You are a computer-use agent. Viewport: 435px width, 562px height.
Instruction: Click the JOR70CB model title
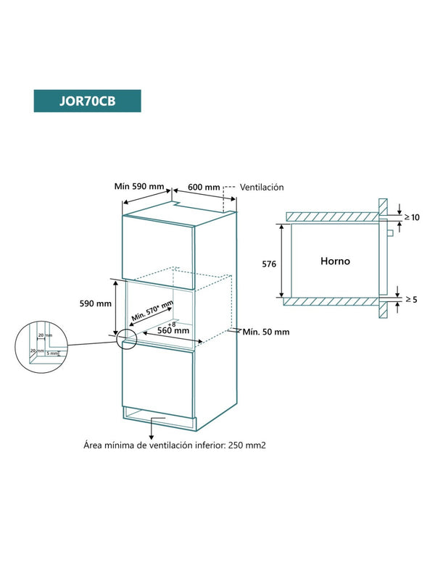[x=87, y=101]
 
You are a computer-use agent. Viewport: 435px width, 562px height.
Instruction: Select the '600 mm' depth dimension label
[x=204, y=187]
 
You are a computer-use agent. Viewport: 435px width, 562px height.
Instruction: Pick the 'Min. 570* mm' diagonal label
[x=152, y=312]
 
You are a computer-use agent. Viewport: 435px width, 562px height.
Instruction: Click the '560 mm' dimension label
[x=172, y=330]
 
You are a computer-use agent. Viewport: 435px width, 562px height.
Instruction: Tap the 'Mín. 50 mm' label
[x=266, y=332]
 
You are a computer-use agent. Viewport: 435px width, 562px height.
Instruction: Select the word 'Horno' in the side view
[x=336, y=261]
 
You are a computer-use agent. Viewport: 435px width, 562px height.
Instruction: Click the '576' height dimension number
[x=268, y=264]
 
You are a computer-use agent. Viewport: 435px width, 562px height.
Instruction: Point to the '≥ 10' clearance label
[x=411, y=217]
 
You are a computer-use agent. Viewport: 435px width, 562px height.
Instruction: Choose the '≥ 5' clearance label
[x=411, y=298]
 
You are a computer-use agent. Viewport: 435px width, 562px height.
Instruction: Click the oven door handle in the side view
[x=390, y=232]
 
